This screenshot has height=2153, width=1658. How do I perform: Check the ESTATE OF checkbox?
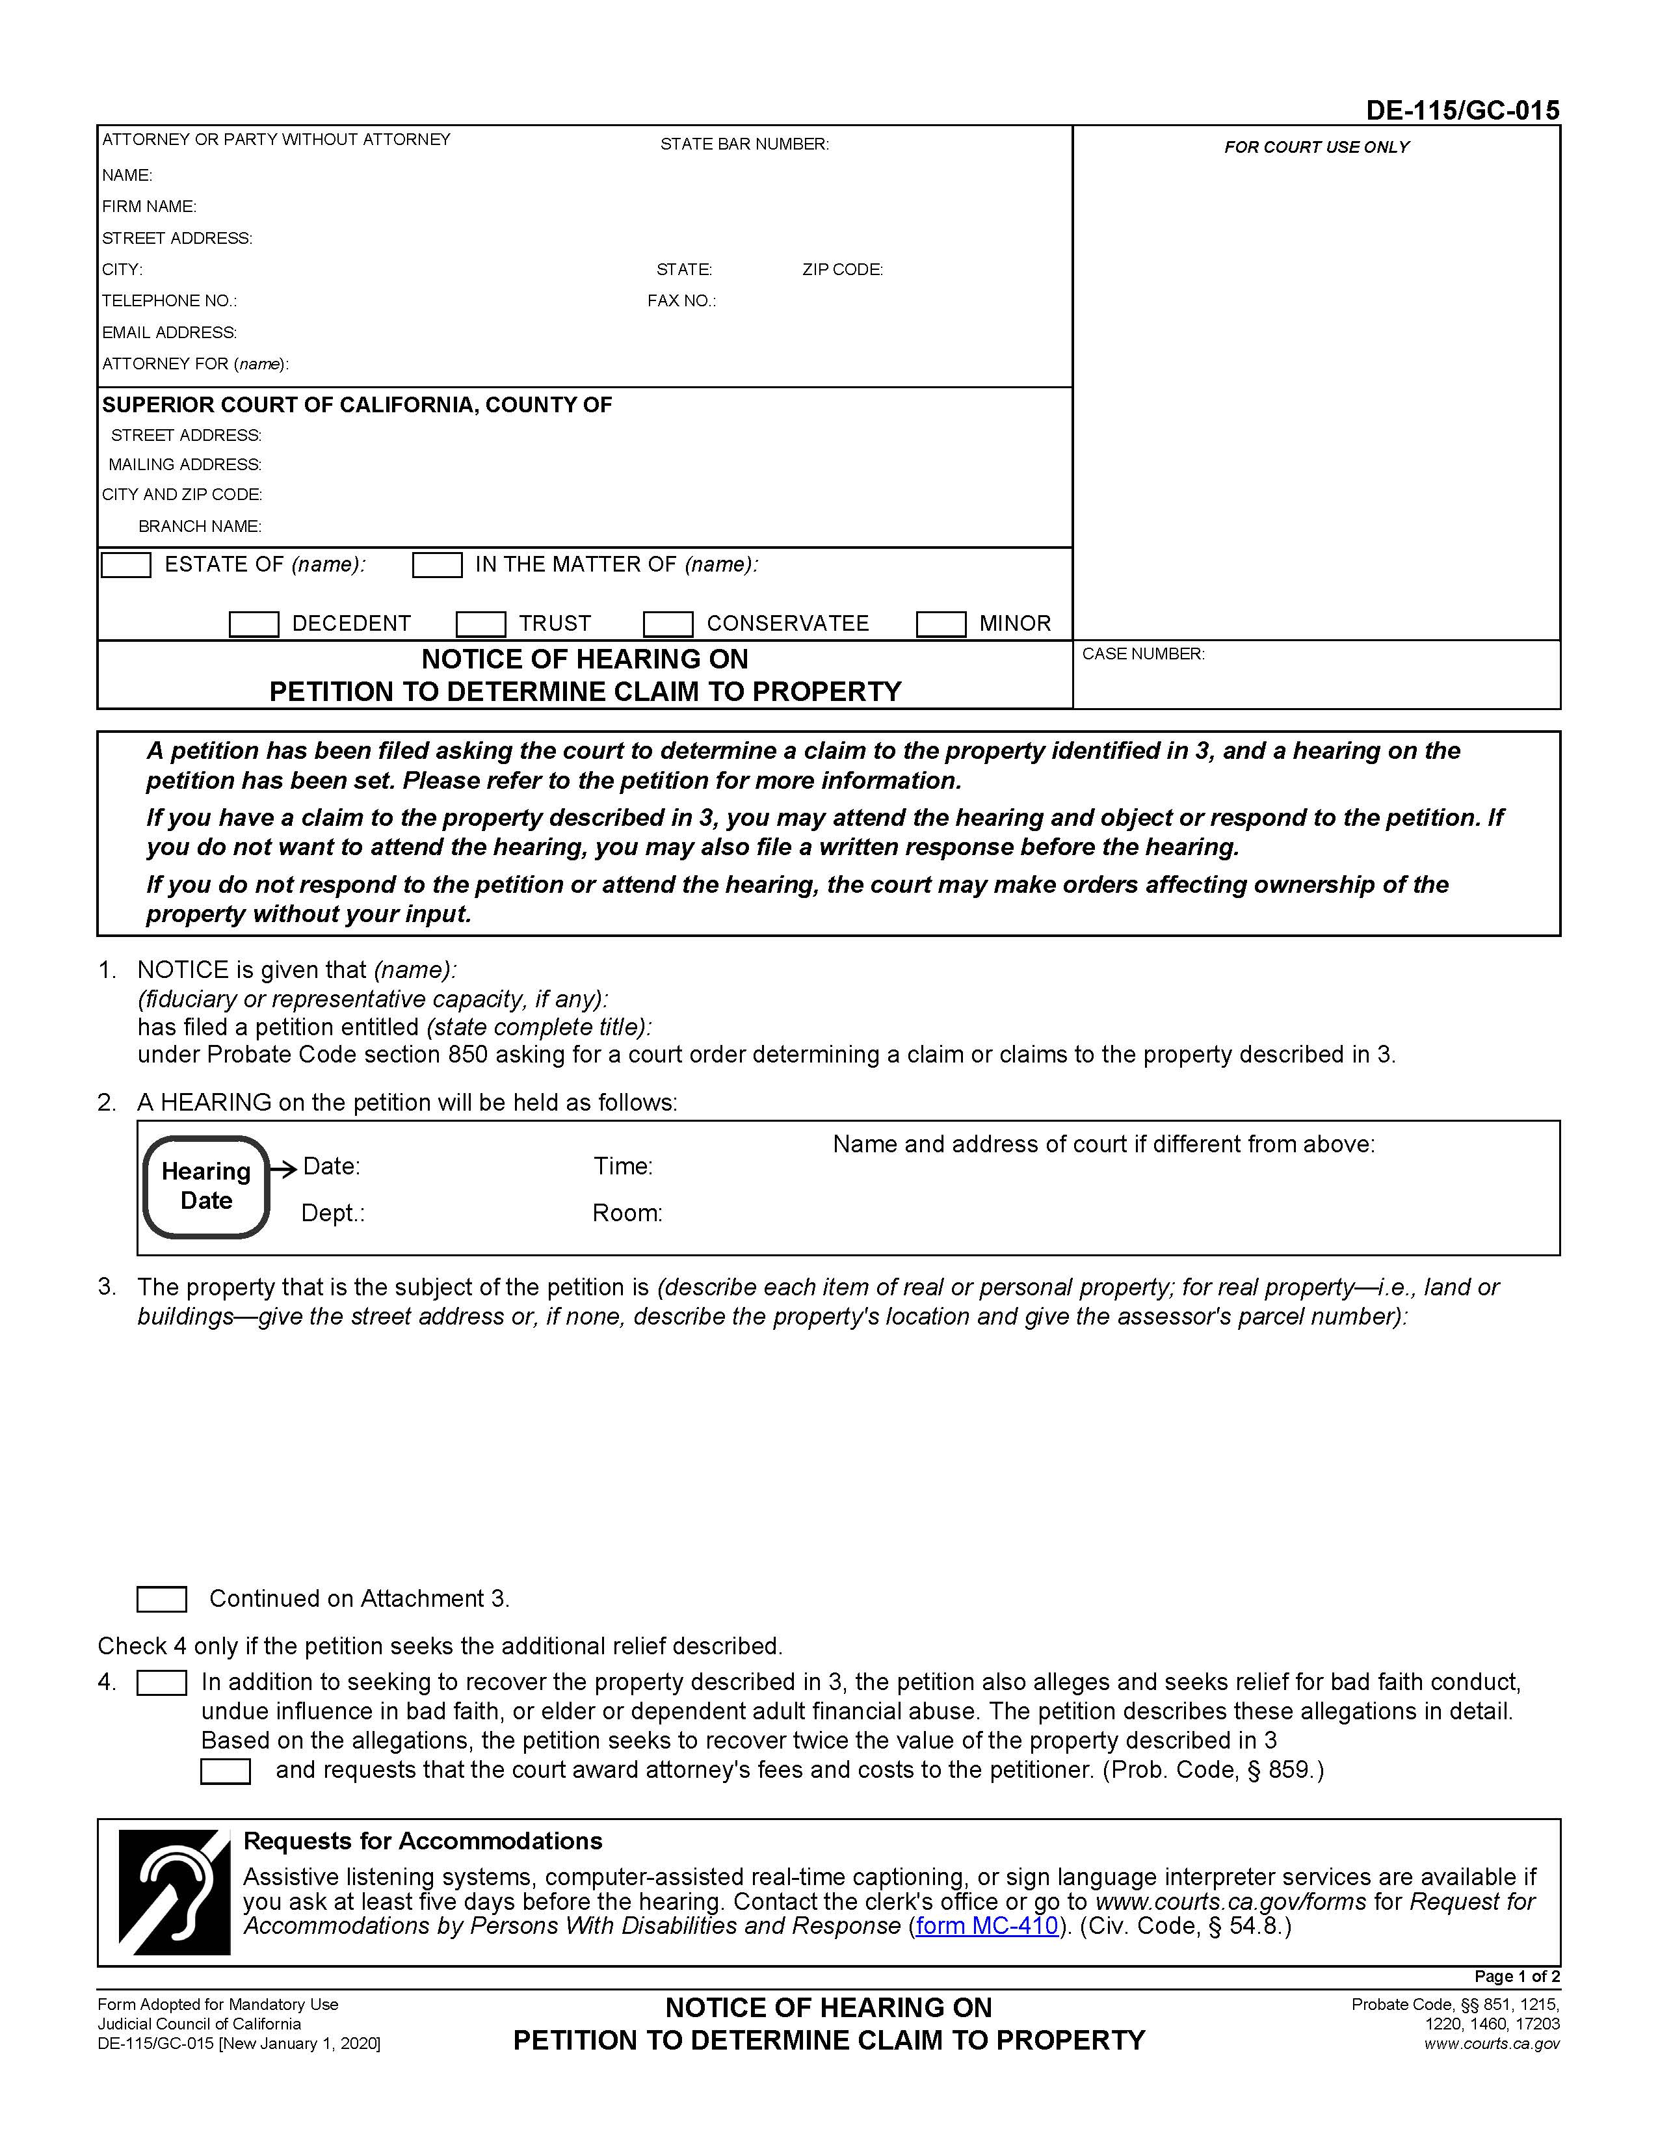coord(126,565)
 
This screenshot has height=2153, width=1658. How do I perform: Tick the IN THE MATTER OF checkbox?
coord(437,565)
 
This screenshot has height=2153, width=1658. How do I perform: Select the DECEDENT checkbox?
coord(254,624)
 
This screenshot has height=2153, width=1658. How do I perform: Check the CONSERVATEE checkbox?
coord(667,624)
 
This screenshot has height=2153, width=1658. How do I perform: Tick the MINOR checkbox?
coord(940,624)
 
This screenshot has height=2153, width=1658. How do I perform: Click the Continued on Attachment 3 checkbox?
coord(162,1599)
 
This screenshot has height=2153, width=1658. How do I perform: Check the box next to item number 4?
coord(162,1683)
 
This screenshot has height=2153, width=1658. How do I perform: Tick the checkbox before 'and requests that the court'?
coord(225,1771)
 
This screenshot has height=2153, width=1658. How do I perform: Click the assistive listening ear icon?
coord(174,1893)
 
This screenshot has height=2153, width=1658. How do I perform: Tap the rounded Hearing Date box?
coord(206,1186)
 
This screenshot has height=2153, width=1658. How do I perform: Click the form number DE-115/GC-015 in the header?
coord(1462,111)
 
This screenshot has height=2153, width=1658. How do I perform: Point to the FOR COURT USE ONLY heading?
coord(1316,147)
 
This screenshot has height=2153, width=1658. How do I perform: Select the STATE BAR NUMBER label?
coord(744,144)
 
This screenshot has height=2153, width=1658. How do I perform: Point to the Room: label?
coord(627,1213)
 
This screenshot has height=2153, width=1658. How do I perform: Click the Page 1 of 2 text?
coord(1516,1977)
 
